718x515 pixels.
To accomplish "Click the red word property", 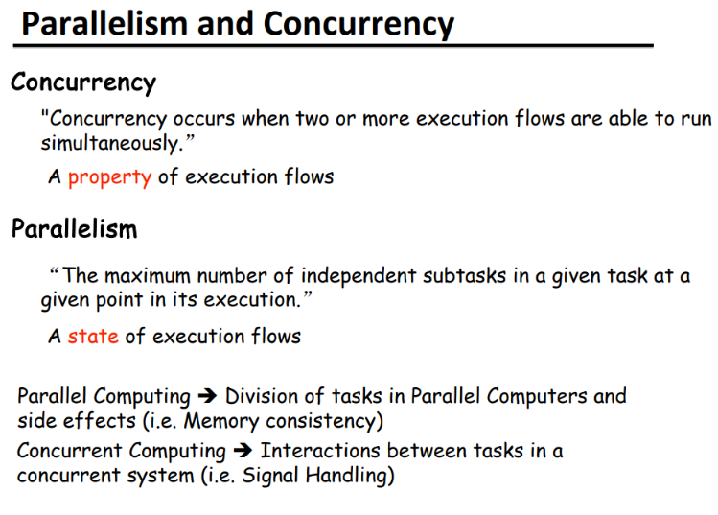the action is tap(109, 177).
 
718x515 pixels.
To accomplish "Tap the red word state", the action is tap(93, 337).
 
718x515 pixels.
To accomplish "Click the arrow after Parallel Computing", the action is tap(207, 396).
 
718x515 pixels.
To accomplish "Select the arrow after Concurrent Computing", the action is tap(243, 451).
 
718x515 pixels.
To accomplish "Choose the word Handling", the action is tap(346, 476).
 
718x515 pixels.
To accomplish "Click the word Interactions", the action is tap(320, 451).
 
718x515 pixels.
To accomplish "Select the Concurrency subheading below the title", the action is tap(83, 82).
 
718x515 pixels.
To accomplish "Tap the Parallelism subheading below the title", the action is tap(74, 228).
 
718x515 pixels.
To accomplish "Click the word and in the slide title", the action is tap(225, 24).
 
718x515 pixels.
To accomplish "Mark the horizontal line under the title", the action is tap(333, 45).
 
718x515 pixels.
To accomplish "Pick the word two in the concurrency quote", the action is tap(312, 119).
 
